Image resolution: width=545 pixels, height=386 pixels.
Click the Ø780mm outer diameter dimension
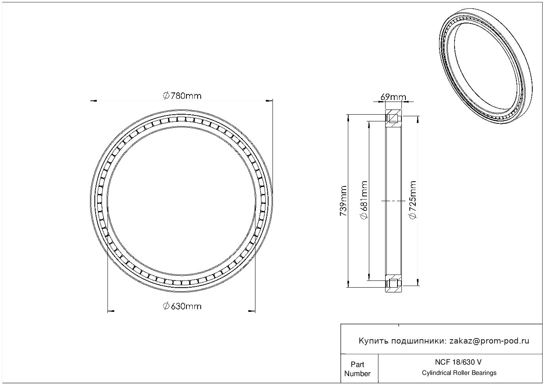tap(182, 96)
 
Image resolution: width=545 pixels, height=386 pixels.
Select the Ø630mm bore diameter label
tap(182, 306)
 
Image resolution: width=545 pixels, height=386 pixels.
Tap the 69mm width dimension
tap(393, 97)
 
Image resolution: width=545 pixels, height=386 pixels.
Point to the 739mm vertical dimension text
tap(343, 201)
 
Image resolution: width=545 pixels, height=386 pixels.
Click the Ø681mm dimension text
tap(363, 200)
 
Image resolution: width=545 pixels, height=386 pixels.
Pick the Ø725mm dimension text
tap(413, 200)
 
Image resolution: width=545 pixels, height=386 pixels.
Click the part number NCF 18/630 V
tap(459, 362)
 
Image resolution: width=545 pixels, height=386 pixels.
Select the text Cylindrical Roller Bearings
tap(459, 373)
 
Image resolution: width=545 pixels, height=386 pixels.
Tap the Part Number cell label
tap(357, 369)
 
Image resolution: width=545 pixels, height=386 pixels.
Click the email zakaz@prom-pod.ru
tap(489, 341)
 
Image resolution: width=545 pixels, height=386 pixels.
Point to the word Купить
tap(374, 341)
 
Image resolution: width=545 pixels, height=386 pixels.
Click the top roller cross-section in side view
tap(393, 119)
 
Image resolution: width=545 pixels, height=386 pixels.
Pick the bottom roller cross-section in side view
tap(393, 283)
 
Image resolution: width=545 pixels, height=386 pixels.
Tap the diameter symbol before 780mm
tap(166, 96)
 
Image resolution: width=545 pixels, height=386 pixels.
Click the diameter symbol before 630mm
tap(166, 306)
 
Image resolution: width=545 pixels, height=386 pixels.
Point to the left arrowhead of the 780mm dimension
tap(94, 101)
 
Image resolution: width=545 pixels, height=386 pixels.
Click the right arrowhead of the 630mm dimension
tap(251, 311)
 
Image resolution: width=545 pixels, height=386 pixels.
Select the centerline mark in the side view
tap(393, 201)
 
